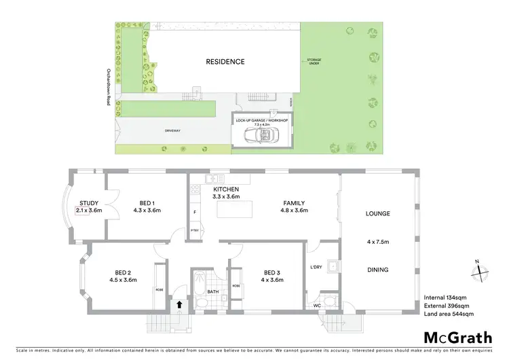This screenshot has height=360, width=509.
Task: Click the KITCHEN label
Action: point(225,190)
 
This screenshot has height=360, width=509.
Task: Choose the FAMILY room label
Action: point(295,203)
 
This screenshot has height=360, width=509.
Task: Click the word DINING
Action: point(378,270)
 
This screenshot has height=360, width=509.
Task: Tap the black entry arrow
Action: point(179,305)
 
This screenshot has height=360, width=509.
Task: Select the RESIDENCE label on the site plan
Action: point(225,62)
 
